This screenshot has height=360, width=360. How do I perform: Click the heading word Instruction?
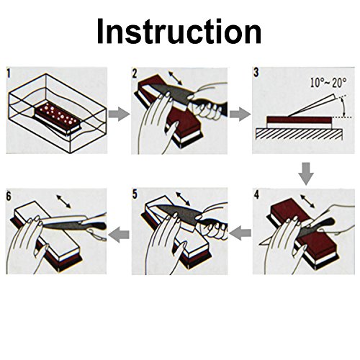tap(179, 31)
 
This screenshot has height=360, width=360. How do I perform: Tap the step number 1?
tap(9, 73)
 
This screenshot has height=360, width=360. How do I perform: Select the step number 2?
tap(135, 73)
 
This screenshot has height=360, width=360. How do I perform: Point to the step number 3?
tap(256, 73)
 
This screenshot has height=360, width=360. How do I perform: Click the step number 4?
tap(256, 195)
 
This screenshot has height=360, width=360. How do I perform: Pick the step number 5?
tap(135, 194)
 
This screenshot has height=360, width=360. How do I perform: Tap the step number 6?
tap(9, 197)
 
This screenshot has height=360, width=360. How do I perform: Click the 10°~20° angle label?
tap(328, 83)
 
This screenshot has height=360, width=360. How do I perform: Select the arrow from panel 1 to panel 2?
tap(119, 114)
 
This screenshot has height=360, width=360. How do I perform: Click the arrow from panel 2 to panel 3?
tap(240, 114)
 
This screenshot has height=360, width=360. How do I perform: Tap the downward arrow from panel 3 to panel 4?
tap(306, 174)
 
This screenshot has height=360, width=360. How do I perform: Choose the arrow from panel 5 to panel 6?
tap(119, 234)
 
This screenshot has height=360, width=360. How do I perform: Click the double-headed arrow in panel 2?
tap(175, 78)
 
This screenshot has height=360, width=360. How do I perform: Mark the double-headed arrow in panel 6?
tap(63, 202)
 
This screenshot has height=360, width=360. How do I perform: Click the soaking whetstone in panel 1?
tap(58, 117)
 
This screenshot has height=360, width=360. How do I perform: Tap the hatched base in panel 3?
tap(299, 134)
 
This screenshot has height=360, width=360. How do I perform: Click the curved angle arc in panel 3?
tap(343, 107)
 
